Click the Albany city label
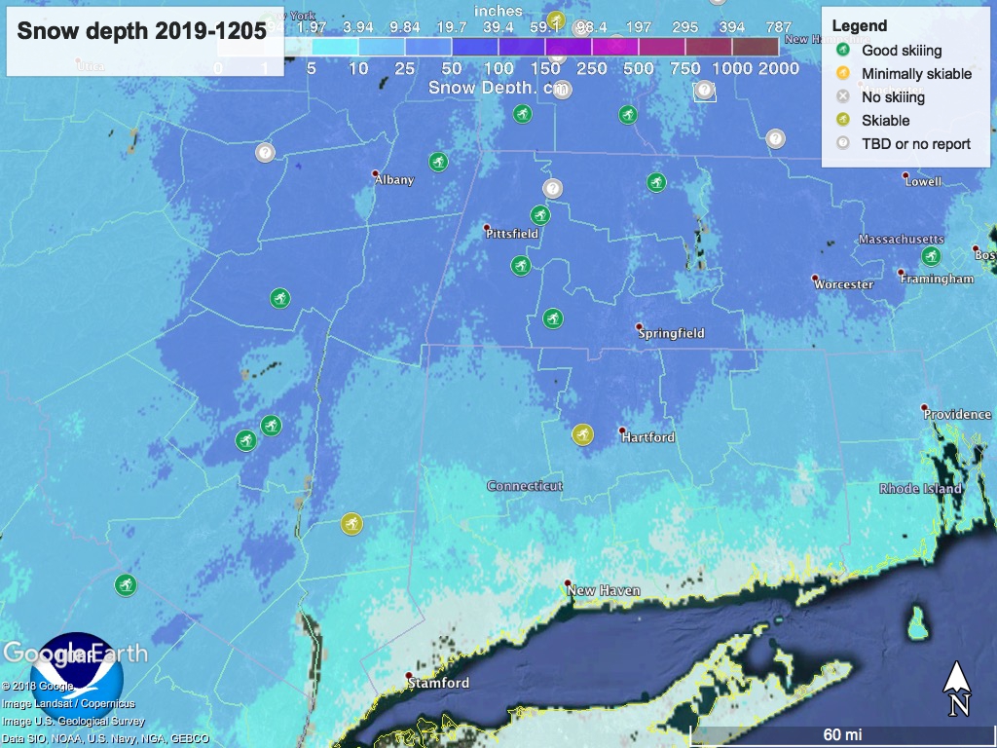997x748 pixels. pyautogui.click(x=394, y=180)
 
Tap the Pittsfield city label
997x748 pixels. pyautogui.click(x=512, y=234)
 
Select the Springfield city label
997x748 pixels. pyautogui.click(x=671, y=333)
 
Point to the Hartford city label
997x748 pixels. pyautogui.click(x=648, y=437)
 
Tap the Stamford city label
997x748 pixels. pyautogui.click(x=438, y=683)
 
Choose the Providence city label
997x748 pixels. pyautogui.click(x=957, y=414)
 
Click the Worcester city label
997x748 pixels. pyautogui.click(x=843, y=284)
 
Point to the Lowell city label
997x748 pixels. pyautogui.click(x=923, y=181)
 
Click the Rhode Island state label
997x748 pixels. pyautogui.click(x=919, y=489)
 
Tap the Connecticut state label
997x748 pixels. pyautogui.click(x=525, y=486)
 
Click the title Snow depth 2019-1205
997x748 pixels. pyautogui.click(x=141, y=31)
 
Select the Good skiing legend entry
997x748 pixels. pyautogui.click(x=902, y=51)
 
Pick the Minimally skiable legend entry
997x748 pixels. pyautogui.click(x=916, y=74)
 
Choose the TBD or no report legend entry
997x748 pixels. pyautogui.click(x=915, y=144)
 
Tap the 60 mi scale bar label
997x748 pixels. pyautogui.click(x=842, y=734)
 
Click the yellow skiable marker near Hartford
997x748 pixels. pyautogui.click(x=582, y=434)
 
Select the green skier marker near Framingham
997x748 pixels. pyautogui.click(x=931, y=256)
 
